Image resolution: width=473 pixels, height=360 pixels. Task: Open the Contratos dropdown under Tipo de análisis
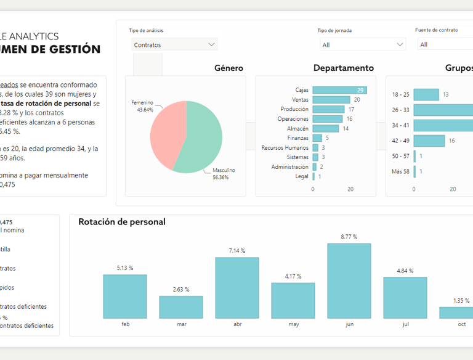pyautogui.click(x=175, y=44)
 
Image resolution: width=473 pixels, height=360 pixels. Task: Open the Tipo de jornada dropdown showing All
pyautogui.click(x=363, y=44)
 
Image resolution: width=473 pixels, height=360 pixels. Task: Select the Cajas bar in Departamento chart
pyautogui.click(x=339, y=90)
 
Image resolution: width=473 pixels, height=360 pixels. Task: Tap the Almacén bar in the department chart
pyautogui.click(x=326, y=128)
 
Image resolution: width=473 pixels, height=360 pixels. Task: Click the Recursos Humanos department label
pyautogui.click(x=285, y=148)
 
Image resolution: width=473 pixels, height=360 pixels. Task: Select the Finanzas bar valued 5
pyautogui.click(x=317, y=138)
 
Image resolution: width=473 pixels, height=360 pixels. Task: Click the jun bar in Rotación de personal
pyautogui.click(x=349, y=281)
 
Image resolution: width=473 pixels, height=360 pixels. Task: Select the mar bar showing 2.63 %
pyautogui.click(x=181, y=307)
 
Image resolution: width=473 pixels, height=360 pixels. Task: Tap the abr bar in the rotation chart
pyautogui.click(x=237, y=288)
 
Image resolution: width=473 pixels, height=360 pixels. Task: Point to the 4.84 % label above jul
pyautogui.click(x=405, y=271)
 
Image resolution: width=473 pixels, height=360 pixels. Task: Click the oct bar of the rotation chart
pyautogui.click(x=456, y=313)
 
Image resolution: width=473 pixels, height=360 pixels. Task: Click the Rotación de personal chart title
pyautogui.click(x=122, y=222)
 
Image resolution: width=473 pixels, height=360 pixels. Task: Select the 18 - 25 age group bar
pyautogui.click(x=426, y=94)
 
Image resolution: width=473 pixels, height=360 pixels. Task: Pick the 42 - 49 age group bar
pyautogui.click(x=429, y=141)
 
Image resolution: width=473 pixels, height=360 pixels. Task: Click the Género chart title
pyautogui.click(x=228, y=68)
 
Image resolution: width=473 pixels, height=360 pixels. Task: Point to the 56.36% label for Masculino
pyautogui.click(x=220, y=178)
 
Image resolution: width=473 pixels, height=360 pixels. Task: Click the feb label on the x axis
pyautogui.click(x=125, y=324)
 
